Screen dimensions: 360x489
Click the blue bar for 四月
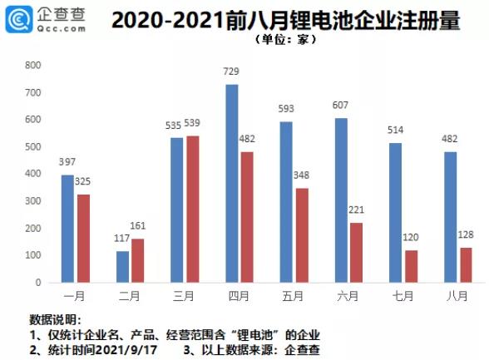tap(232, 183)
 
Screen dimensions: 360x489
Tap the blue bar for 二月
tap(123, 266)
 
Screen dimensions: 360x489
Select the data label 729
tap(232, 73)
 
